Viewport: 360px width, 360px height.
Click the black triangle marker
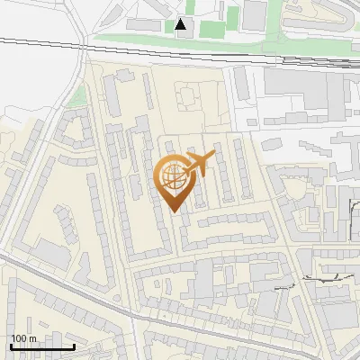[182, 25]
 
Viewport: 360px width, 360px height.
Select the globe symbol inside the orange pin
[174, 177]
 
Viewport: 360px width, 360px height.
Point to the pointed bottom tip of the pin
[175, 211]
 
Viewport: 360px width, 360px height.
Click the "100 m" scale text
[23, 338]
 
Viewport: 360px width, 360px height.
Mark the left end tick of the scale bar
[11, 346]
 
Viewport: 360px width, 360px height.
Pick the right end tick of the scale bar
[74, 346]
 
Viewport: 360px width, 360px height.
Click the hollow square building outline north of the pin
[188, 94]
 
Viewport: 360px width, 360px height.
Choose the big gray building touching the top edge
[256, 12]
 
